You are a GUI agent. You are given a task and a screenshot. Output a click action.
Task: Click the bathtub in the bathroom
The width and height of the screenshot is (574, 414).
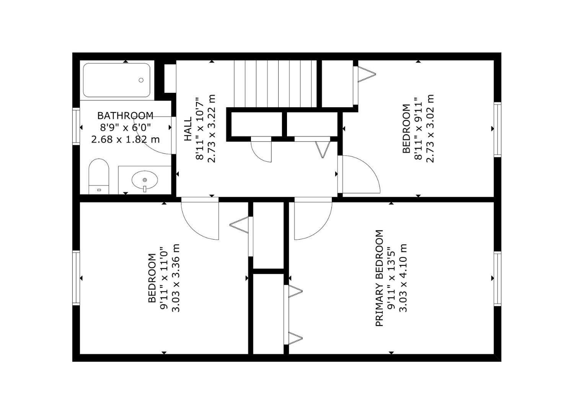coord(116,80)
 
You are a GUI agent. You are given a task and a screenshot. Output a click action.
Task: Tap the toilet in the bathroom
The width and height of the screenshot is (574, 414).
coord(99,176)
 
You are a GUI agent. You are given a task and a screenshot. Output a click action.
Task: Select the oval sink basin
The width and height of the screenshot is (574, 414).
coord(145,180)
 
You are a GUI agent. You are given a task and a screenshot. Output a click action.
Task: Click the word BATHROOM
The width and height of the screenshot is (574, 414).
coord(125,115)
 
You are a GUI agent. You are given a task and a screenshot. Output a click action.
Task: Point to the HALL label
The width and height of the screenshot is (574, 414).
coord(188,130)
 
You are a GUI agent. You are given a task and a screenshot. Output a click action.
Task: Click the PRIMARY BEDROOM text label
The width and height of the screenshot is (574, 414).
coord(379,278)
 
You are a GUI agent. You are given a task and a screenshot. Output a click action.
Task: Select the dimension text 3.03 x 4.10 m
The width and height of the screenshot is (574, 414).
coord(403,278)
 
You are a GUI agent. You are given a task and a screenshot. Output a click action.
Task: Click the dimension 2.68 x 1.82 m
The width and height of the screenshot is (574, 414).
coord(125,139)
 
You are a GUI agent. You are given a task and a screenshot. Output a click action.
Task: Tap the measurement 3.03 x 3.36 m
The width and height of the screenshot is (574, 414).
coord(176,278)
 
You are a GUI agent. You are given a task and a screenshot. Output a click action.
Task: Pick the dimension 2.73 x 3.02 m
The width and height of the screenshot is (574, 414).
coord(430,128)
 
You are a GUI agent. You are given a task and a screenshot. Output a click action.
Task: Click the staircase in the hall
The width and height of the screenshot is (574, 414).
coord(275,84)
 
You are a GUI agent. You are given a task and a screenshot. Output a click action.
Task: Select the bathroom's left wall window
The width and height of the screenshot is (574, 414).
coord(76,127)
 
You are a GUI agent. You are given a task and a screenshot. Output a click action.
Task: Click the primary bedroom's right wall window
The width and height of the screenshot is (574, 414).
coord(497,278)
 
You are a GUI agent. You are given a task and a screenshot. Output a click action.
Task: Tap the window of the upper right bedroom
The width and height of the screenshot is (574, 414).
coord(497,129)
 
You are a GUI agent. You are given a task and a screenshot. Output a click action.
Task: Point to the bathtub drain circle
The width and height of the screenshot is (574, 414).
coord(141,80)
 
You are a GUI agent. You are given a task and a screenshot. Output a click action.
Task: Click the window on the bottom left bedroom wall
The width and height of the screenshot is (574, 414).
coord(76,278)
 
